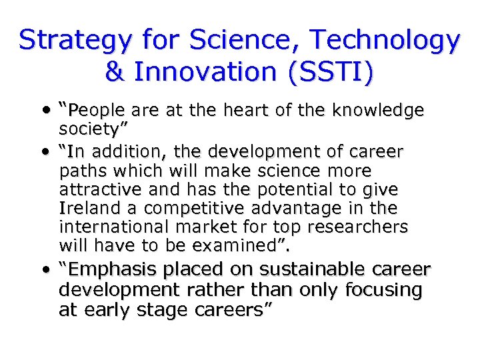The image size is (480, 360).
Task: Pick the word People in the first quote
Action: pos(100,110)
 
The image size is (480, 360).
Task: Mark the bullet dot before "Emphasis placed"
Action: pos(43,271)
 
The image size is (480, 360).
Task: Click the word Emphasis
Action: pos(106,270)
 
